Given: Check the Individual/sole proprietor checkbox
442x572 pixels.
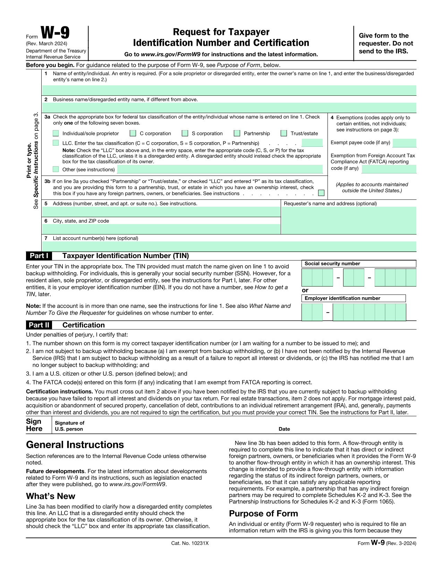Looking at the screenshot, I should pos(56,133).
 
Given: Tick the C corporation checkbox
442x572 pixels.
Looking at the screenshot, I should pos(133,133).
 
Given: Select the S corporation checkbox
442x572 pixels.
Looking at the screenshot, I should pos(185,133).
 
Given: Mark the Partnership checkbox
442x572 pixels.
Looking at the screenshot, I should pos(237,133).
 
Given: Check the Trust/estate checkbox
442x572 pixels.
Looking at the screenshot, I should pos(284,133).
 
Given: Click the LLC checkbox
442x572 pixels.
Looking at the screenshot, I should pos(56,143).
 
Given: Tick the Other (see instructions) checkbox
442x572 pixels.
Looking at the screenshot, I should pos(56,169).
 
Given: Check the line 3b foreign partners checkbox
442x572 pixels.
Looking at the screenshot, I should pos(321,193).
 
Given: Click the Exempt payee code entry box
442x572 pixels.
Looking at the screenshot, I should pos(404,143).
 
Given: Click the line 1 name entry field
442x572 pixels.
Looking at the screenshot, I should pos(229,91).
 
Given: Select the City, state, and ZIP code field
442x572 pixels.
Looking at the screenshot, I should pos(161,229).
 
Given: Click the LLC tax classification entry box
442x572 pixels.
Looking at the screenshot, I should pos(312,143).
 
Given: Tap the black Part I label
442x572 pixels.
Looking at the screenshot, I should pos(39,256).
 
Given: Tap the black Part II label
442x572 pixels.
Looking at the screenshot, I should pos(39,325).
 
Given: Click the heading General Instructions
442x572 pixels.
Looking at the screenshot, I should pos(75,445).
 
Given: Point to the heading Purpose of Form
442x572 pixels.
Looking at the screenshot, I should pos(263,514).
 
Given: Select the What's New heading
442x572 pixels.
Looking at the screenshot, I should pos(51,496).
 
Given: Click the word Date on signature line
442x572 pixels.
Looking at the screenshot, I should pos(284,429).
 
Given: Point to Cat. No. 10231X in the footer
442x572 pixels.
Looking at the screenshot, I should pos(190,543).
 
